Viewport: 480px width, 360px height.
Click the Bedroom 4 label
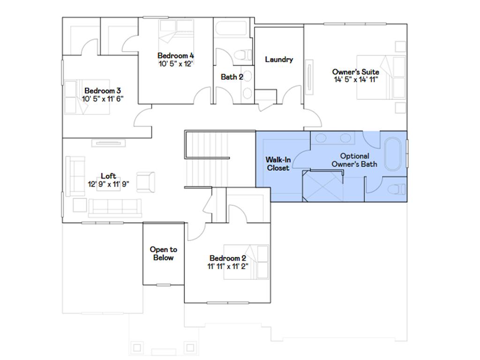pyautogui.click(x=175, y=55)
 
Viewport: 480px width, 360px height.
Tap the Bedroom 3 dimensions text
pyautogui.click(x=103, y=99)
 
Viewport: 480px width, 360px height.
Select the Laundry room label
pyautogui.click(x=279, y=60)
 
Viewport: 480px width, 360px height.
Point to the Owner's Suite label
pyautogui.click(x=355, y=72)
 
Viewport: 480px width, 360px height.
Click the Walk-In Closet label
pyautogui.click(x=278, y=164)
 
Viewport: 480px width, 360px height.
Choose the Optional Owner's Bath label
pyautogui.click(x=354, y=160)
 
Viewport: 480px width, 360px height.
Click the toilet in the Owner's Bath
pyautogui.click(x=397, y=189)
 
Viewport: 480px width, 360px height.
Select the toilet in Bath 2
pyautogui.click(x=241, y=55)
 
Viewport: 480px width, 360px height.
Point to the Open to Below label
pyautogui.click(x=163, y=254)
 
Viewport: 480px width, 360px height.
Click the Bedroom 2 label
pyautogui.click(x=228, y=258)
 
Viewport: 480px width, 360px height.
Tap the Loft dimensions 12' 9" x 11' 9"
pyautogui.click(x=108, y=184)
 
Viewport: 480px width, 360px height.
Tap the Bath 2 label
pyautogui.click(x=232, y=77)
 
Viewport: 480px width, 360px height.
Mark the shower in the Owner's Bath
pyautogui.click(x=323, y=187)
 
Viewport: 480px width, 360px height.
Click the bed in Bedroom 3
pyautogui.click(x=87, y=97)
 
